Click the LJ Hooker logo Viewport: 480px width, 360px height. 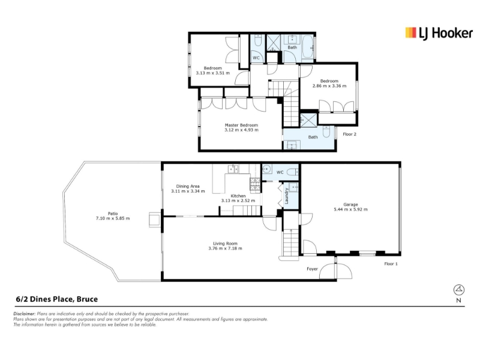click(439, 33)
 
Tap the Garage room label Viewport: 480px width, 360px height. click(350, 205)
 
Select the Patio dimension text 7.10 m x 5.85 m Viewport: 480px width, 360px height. click(113, 218)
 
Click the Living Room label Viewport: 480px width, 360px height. click(226, 244)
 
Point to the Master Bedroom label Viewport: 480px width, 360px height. click(241, 125)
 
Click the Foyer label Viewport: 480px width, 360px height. click(312, 269)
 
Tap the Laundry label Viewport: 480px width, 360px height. click(287, 196)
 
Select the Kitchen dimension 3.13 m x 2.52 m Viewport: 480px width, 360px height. click(238, 201)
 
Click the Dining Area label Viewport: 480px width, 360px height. click(188, 186)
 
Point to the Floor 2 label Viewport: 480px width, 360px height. click(350, 134)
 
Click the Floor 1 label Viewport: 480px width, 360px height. click(391, 263)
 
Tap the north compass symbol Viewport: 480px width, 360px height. click(458, 289)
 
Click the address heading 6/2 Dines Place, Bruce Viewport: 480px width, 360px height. click(56, 299)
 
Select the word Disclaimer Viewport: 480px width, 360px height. click(25, 314)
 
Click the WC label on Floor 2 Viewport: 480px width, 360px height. click(256, 58)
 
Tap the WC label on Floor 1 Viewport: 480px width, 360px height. click(280, 172)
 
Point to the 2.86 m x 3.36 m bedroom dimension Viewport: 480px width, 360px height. click(329, 86)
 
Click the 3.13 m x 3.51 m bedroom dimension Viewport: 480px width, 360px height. click(213, 73)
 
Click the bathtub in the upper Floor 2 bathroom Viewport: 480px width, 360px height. click(307, 47)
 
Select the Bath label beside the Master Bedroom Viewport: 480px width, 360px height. click(313, 137)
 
